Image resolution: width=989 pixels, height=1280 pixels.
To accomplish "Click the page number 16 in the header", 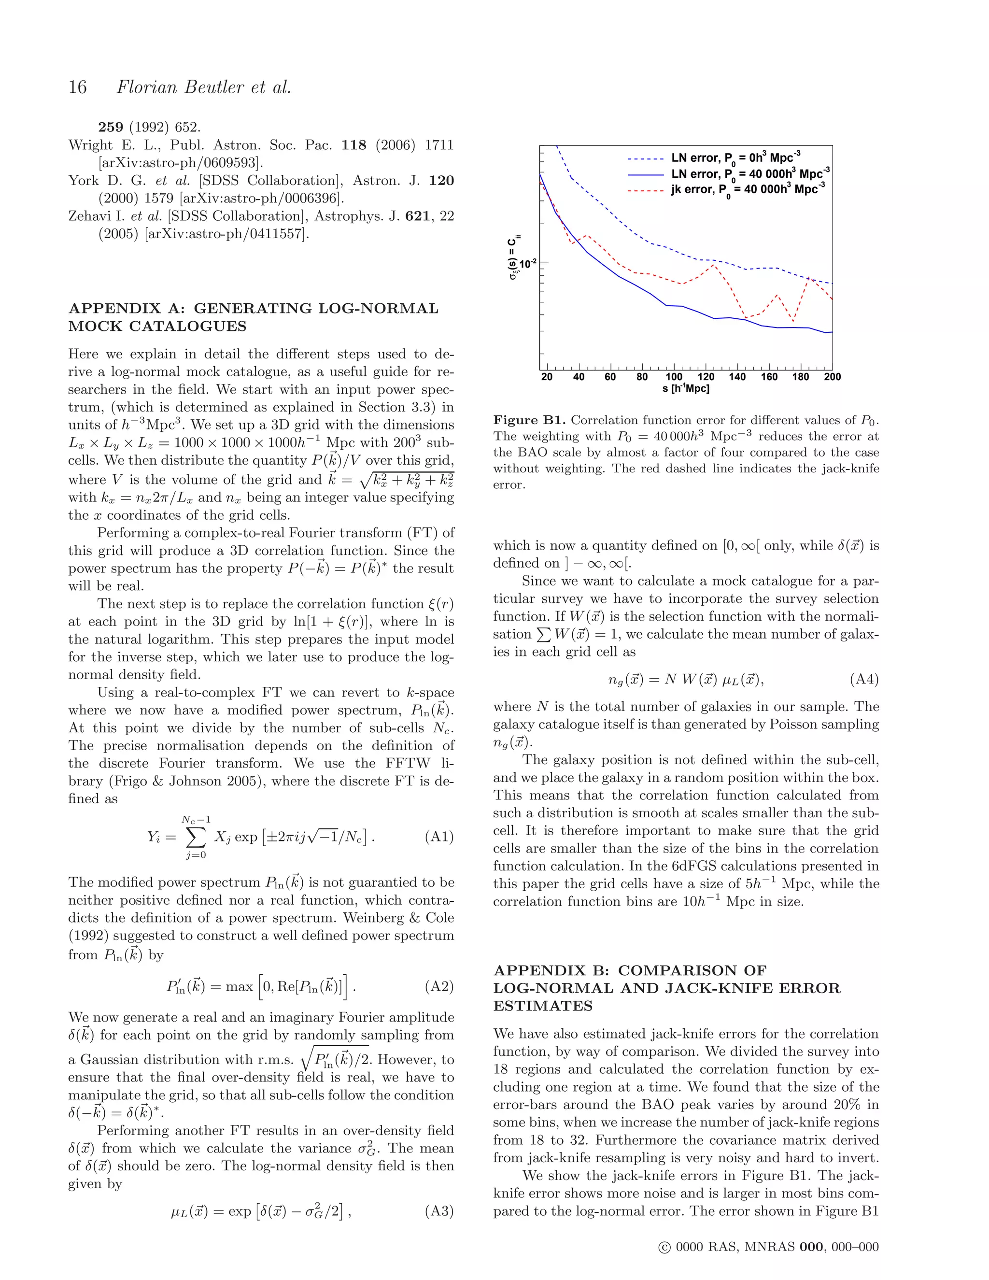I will tap(77, 87).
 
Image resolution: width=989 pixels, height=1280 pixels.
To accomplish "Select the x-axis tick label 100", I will tap(674, 377).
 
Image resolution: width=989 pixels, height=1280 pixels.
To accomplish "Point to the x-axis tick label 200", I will tap(832, 377).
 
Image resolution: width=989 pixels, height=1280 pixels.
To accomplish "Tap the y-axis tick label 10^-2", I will tap(528, 263).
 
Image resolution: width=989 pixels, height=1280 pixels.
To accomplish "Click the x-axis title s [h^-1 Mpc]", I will tap(686, 388).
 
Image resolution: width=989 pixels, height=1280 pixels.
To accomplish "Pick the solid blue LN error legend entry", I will tap(750, 174).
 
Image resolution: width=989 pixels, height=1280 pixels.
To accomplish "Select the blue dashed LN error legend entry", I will tap(735, 158).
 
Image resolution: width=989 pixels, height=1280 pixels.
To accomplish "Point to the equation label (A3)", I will tap(439, 1211).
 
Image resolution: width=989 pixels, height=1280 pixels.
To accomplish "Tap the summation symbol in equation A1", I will tap(195, 837).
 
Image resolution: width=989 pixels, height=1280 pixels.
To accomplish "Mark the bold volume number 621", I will tap(417, 216).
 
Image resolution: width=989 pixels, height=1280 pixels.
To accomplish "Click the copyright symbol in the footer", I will tap(664, 1247).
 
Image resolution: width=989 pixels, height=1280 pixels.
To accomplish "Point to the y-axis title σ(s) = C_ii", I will tap(514, 258).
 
